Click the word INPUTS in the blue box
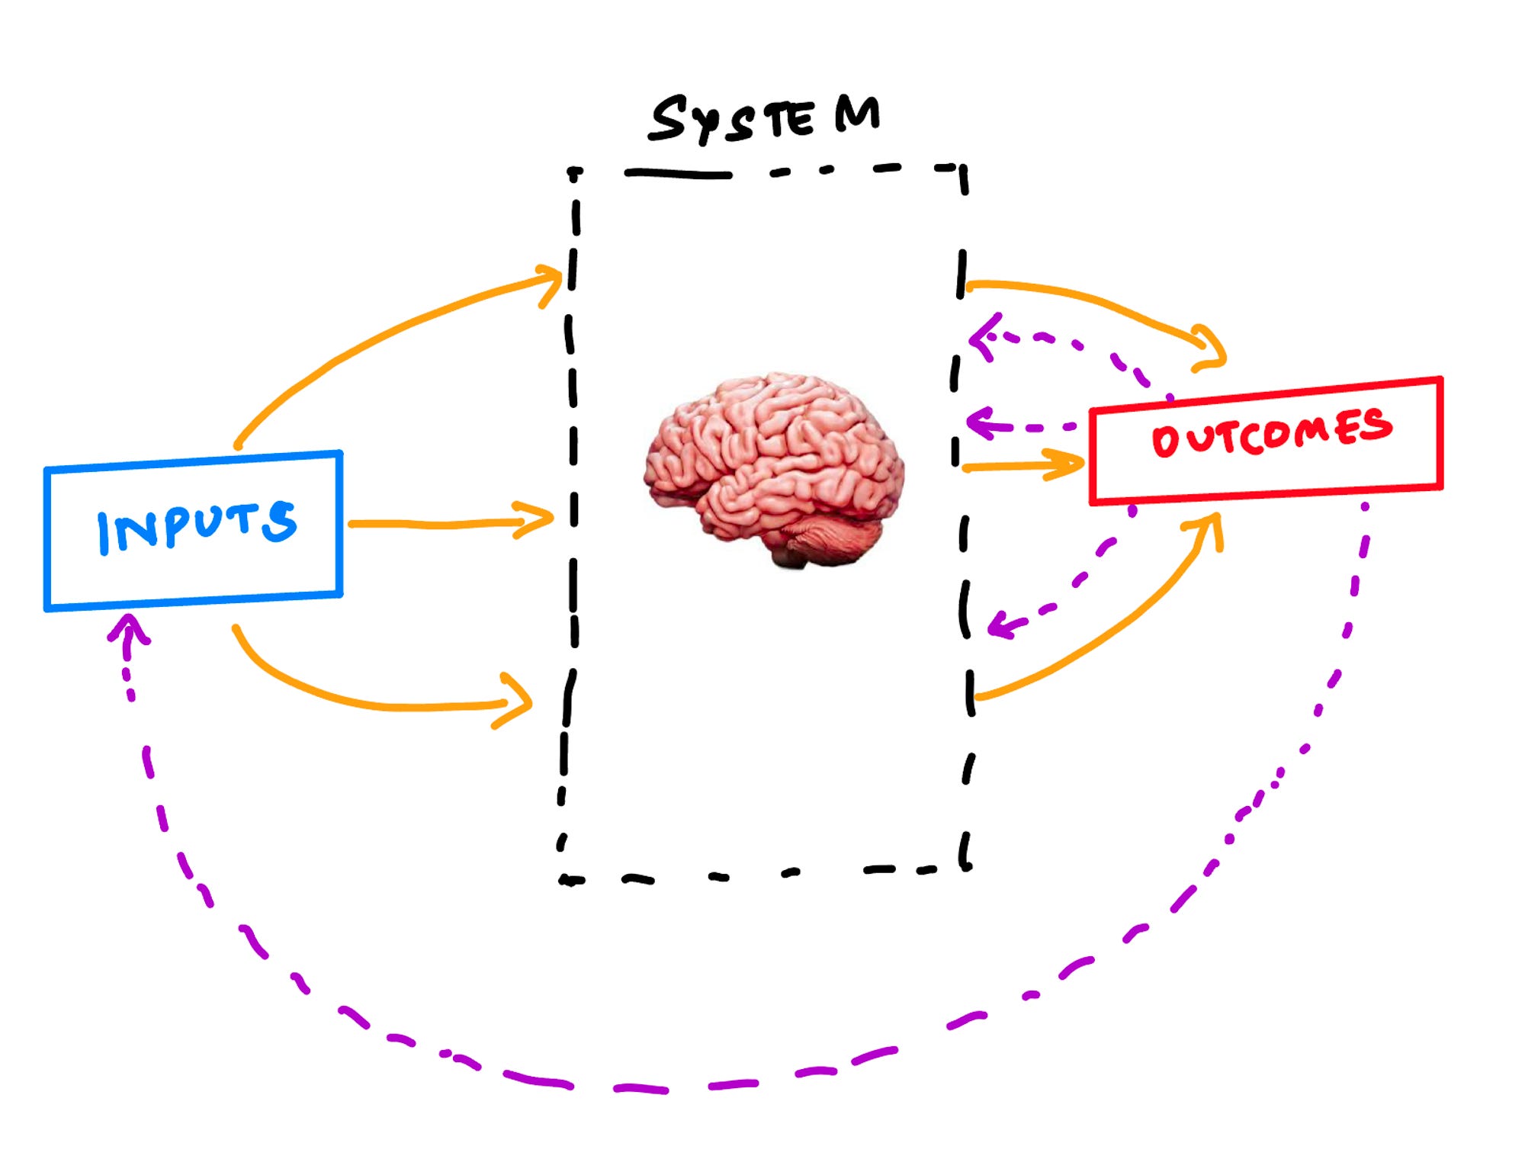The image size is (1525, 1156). click(196, 526)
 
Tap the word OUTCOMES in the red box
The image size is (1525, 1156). click(1271, 432)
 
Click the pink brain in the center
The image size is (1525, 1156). click(774, 465)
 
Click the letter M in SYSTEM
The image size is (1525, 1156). click(857, 114)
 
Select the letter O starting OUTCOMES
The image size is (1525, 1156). click(1164, 442)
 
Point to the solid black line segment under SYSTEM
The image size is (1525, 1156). click(678, 175)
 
